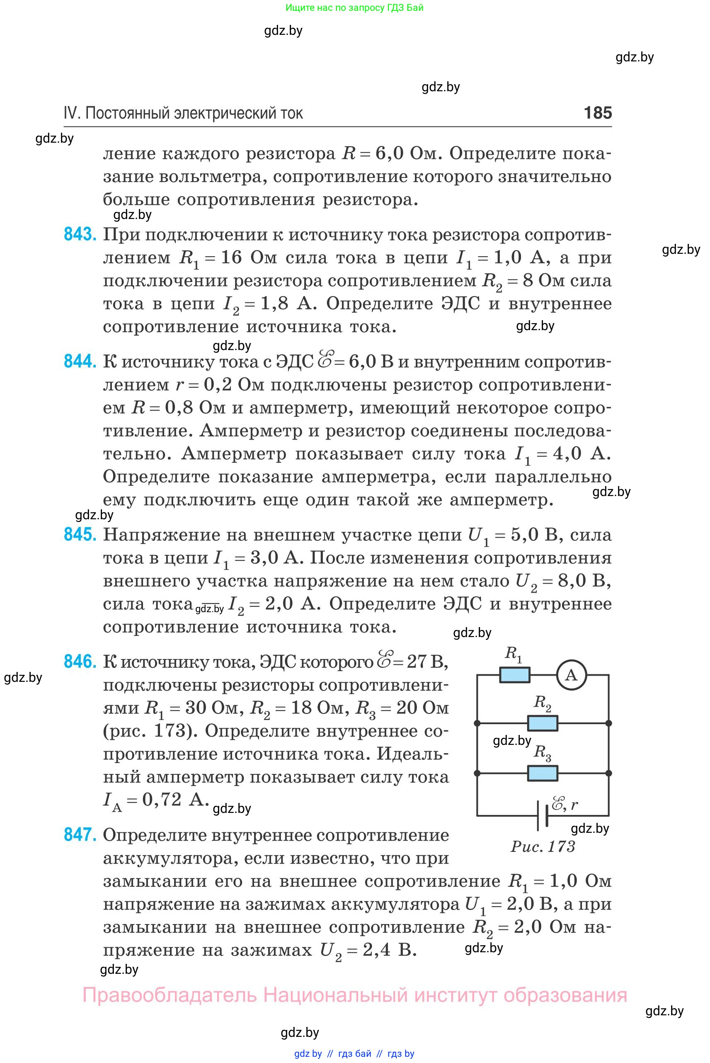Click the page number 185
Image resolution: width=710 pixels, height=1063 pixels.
(x=598, y=113)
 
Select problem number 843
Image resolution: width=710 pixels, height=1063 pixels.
(x=80, y=234)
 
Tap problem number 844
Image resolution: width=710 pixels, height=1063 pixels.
(x=80, y=361)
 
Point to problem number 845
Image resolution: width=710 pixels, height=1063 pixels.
(x=80, y=535)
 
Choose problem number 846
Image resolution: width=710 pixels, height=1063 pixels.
(x=80, y=662)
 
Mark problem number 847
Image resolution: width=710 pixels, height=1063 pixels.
(x=80, y=834)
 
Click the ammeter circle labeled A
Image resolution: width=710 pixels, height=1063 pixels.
(x=571, y=675)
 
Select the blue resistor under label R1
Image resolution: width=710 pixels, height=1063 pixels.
(x=514, y=675)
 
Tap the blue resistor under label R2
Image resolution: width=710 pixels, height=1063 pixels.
(x=543, y=724)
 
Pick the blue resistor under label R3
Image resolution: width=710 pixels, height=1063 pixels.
(x=543, y=774)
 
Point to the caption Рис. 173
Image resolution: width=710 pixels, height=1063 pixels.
(x=543, y=847)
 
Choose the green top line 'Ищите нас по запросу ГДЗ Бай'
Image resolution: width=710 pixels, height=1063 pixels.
(x=354, y=8)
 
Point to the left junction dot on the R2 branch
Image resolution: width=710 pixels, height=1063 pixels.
(x=477, y=724)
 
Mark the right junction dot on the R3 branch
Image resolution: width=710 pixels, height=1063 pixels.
(x=608, y=774)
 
